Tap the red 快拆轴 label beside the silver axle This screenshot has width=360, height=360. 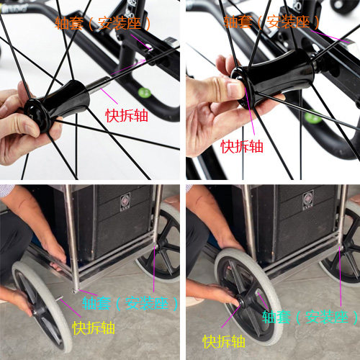127,115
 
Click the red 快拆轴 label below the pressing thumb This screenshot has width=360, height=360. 242,146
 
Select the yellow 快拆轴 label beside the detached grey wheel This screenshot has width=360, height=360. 94,328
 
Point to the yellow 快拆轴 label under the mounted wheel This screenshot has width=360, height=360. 224,341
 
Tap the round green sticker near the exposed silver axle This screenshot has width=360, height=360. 145,93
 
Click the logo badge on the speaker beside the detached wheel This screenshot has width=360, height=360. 125,202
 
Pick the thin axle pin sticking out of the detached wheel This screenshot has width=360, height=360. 59,299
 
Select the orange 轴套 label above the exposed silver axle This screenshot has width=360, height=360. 69,23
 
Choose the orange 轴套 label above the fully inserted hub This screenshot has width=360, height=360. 238,22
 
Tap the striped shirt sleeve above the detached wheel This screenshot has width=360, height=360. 6,191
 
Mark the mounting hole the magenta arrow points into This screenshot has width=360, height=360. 149,48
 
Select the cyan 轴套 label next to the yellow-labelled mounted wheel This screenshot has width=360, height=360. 276,317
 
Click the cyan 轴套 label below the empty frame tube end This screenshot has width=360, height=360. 96,303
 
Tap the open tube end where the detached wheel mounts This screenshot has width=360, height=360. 75,291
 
